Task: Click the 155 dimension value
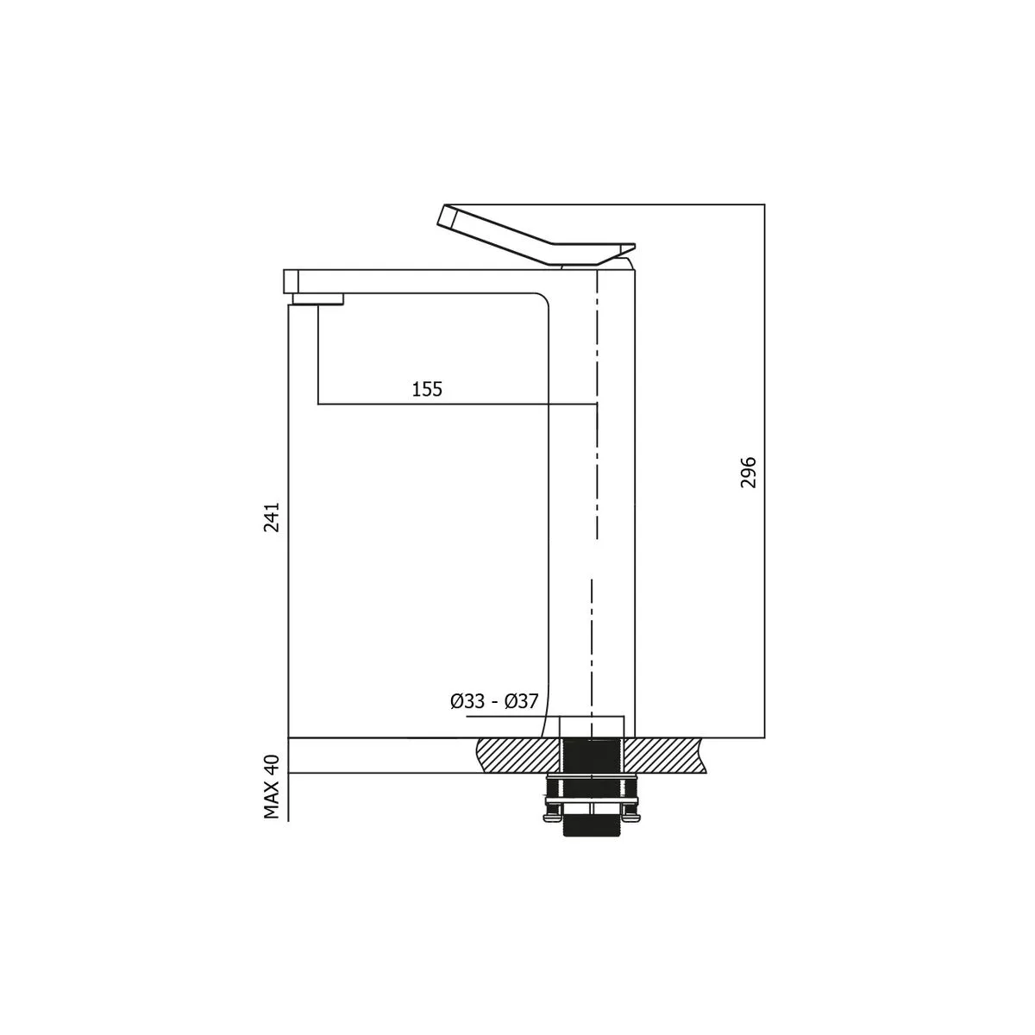tap(427, 389)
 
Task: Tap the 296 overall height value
tap(748, 472)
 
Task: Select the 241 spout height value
tap(272, 517)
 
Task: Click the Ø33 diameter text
tap(467, 701)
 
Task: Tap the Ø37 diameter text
tap(521, 701)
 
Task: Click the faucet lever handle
tap(537, 236)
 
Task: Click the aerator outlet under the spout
tap(318, 299)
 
